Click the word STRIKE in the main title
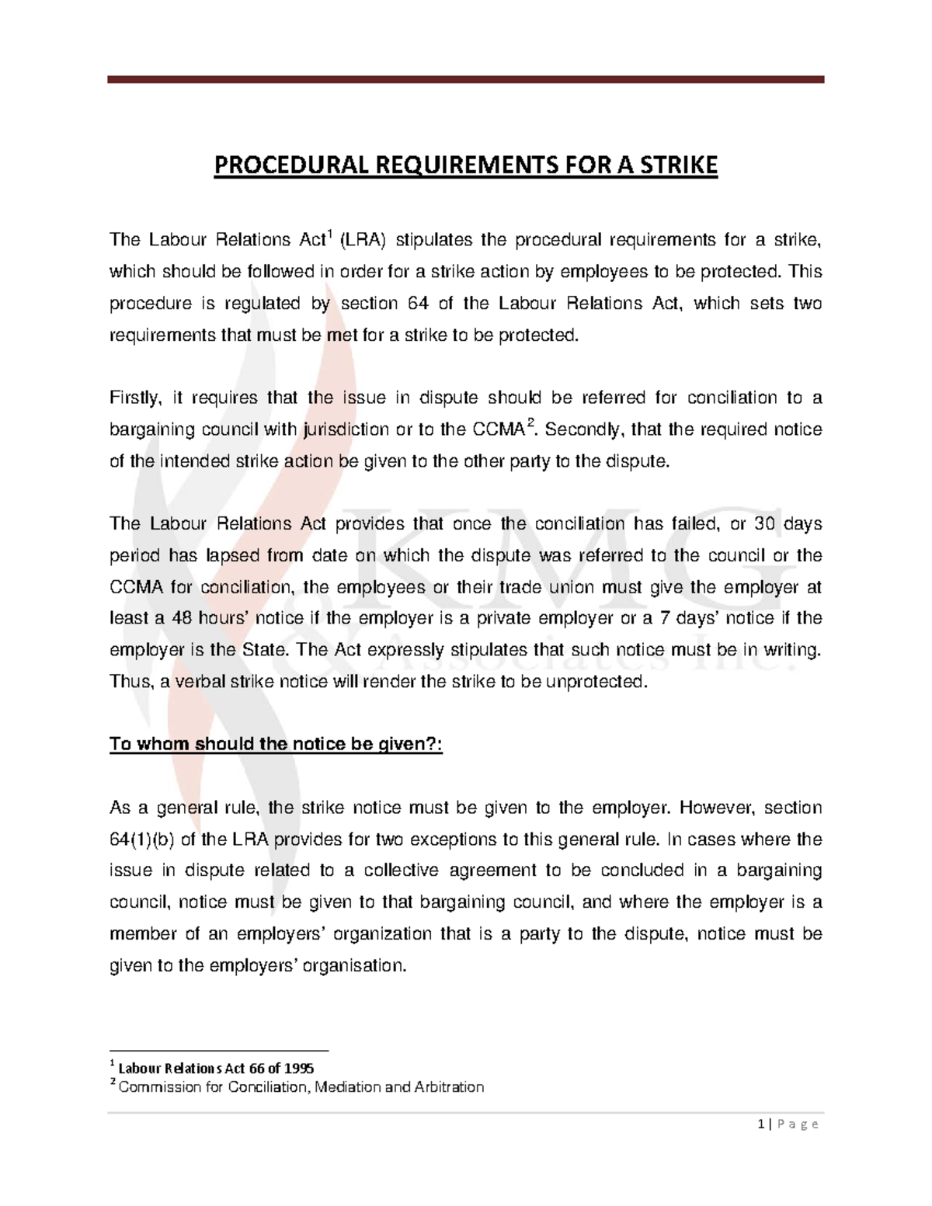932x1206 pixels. tap(678, 165)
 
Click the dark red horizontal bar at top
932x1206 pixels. tap(465, 79)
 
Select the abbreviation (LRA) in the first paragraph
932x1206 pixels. tap(363, 240)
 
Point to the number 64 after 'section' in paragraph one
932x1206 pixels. tap(418, 304)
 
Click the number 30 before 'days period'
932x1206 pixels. tap(765, 524)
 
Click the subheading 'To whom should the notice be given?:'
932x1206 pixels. tap(276, 744)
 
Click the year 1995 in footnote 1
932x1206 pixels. tap(299, 1069)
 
